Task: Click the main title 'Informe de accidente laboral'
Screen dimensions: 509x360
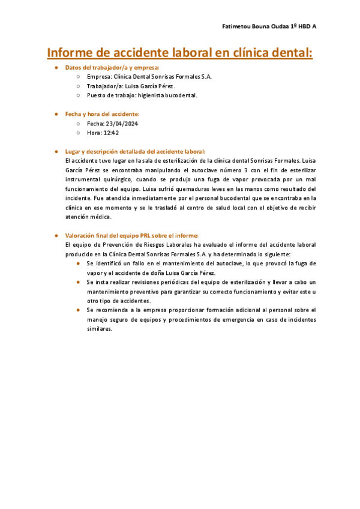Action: [x=180, y=53]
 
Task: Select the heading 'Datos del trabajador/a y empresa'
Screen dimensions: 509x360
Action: [x=112, y=68]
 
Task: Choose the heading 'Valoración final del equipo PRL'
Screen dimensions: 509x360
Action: [x=131, y=235]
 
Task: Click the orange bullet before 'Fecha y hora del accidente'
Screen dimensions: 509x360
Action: [x=56, y=113]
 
